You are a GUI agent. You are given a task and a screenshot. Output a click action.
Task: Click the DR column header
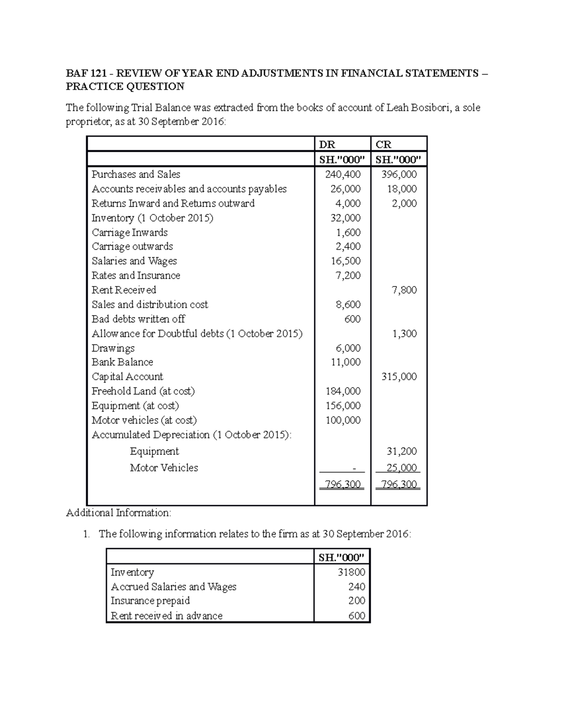pyautogui.click(x=327, y=145)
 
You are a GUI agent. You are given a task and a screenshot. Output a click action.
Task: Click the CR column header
pyautogui.click(x=384, y=145)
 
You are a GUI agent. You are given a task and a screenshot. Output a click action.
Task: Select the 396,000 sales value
pyautogui.click(x=399, y=175)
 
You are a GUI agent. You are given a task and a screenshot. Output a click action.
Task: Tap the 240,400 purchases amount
pyautogui.click(x=343, y=175)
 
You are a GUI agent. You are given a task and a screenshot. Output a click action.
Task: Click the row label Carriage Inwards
pyautogui.click(x=130, y=233)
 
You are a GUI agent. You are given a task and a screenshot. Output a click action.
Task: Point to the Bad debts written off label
pyautogui.click(x=138, y=319)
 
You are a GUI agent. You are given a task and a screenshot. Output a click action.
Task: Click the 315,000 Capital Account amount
pyautogui.click(x=399, y=377)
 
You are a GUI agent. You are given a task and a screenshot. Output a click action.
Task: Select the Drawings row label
pyautogui.click(x=113, y=348)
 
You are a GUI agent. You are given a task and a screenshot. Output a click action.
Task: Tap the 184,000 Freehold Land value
pyautogui.click(x=343, y=391)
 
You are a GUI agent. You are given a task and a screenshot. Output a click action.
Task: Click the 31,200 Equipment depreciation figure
pyautogui.click(x=401, y=452)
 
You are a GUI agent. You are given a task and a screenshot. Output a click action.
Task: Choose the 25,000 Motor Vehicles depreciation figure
pyautogui.click(x=401, y=468)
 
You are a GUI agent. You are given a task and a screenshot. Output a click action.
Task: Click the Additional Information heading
pyautogui.click(x=118, y=513)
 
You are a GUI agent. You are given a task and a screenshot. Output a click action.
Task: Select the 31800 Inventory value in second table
pyautogui.click(x=351, y=573)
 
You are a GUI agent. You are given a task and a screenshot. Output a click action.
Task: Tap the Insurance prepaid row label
pyautogui.click(x=150, y=601)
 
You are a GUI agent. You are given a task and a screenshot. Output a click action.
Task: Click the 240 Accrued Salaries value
pyautogui.click(x=357, y=587)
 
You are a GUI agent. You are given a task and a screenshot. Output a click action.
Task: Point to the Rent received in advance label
pyautogui.click(x=166, y=616)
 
